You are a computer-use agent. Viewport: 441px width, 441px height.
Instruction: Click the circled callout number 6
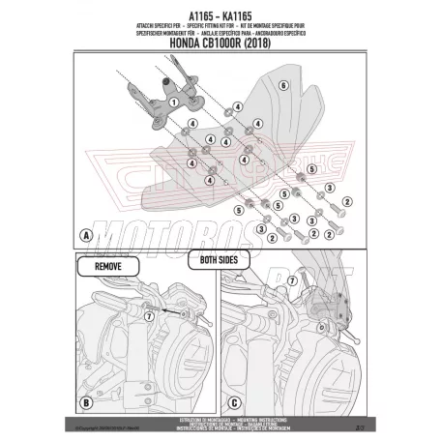point(282,86)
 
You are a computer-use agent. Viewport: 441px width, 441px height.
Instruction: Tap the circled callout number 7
point(148,316)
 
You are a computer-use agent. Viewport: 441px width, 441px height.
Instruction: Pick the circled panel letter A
point(87,235)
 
